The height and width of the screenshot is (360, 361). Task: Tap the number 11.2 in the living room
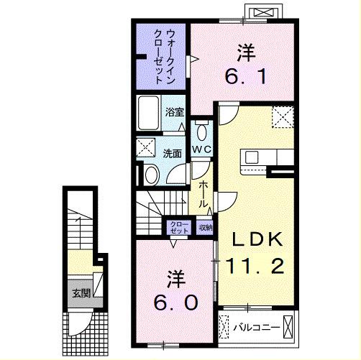click(x=251, y=267)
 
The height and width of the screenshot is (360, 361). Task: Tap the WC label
click(x=201, y=149)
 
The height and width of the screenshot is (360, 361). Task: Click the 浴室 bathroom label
click(x=175, y=112)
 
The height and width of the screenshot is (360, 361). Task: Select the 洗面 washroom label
click(x=171, y=153)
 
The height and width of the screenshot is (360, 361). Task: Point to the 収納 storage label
click(x=206, y=228)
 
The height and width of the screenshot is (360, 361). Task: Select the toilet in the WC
click(x=201, y=131)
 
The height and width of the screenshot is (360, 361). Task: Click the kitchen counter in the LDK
click(x=266, y=157)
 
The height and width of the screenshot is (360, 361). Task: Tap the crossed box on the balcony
click(x=288, y=326)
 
